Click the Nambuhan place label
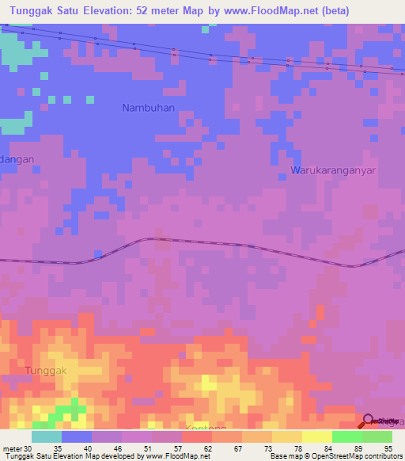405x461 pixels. click(x=148, y=107)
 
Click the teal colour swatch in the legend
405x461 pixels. click(x=47, y=436)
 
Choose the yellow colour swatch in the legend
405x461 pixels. click(x=316, y=436)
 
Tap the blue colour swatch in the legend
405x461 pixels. click(x=77, y=436)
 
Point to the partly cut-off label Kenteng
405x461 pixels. click(x=205, y=427)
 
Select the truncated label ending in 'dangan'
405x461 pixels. click(x=17, y=159)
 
